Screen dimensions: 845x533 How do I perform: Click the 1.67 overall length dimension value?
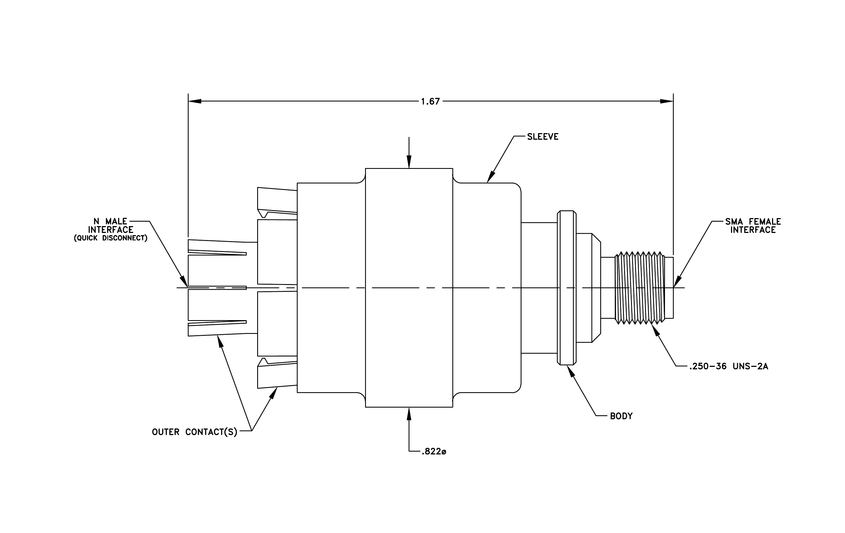pyautogui.click(x=430, y=101)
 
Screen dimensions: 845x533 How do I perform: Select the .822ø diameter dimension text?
pyautogui.click(x=434, y=452)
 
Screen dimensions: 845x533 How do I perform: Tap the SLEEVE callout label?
pyautogui.click(x=542, y=137)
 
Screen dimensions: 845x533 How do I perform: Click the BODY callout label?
pyautogui.click(x=621, y=416)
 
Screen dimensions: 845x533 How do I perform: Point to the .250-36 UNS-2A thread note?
pyautogui.click(x=729, y=367)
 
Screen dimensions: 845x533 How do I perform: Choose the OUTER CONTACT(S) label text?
pyautogui.click(x=195, y=432)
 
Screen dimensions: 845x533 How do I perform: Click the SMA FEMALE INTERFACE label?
pyautogui.click(x=753, y=226)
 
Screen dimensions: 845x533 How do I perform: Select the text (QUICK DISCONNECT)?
pyautogui.click(x=110, y=238)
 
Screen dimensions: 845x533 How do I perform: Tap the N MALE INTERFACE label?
pyautogui.click(x=110, y=226)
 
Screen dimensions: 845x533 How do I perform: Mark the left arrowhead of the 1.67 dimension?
pyautogui.click(x=195, y=101)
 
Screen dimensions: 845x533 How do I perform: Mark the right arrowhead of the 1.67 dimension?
pyautogui.click(x=666, y=101)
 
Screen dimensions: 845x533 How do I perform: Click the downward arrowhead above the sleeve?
pyautogui.click(x=409, y=162)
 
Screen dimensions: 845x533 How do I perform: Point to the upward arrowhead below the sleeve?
pyautogui.click(x=409, y=414)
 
